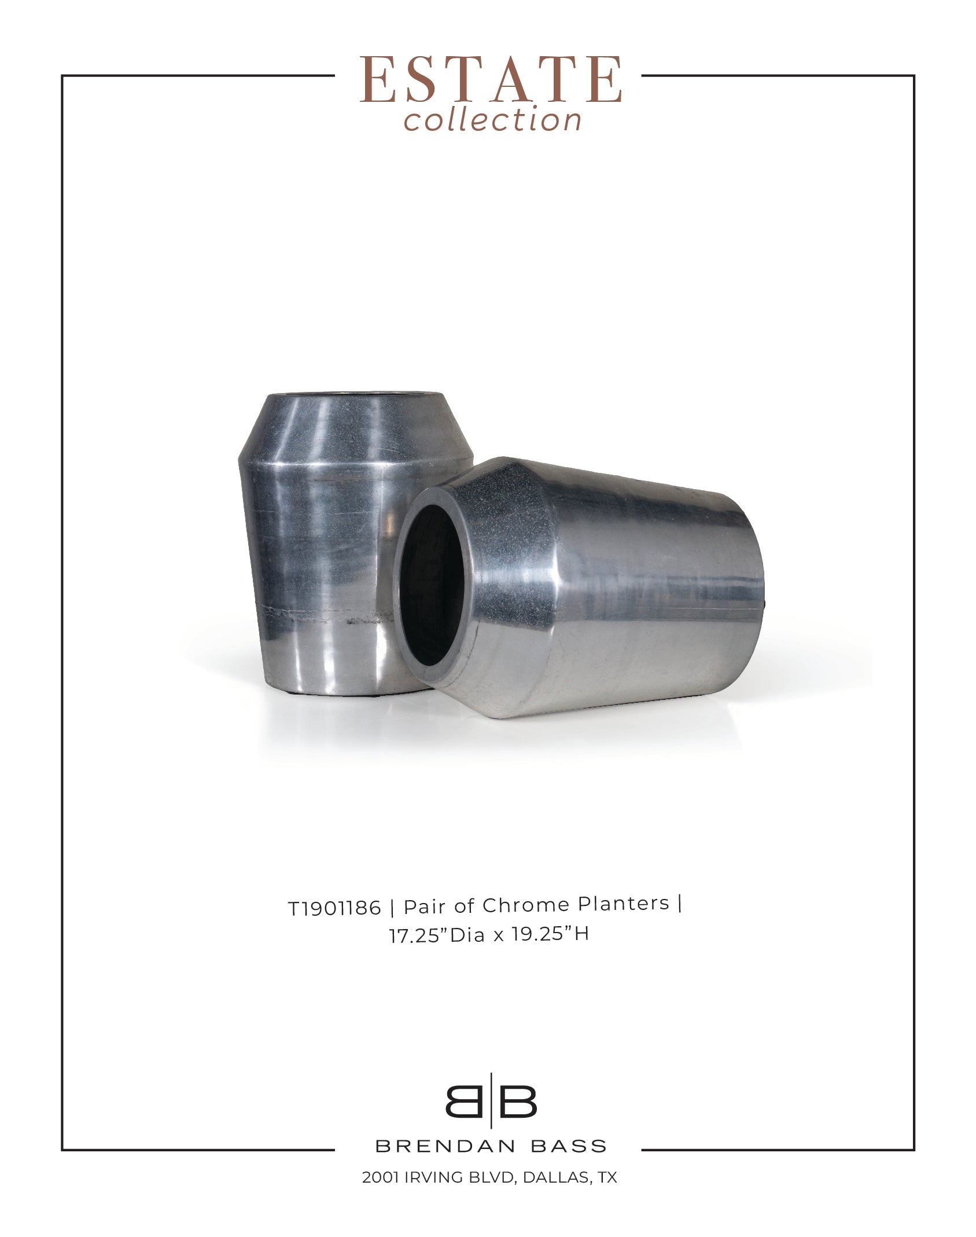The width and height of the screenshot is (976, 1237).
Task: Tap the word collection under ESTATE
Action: coord(492,120)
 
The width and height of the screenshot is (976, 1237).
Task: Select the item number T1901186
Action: coord(335,908)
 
